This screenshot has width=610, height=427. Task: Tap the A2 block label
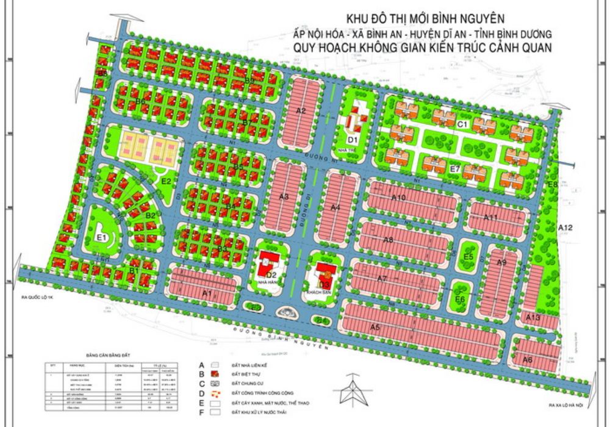(x=300, y=110)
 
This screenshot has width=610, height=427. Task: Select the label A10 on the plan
(x=399, y=198)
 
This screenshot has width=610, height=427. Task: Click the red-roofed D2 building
(x=267, y=265)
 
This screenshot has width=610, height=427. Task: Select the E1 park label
(x=102, y=237)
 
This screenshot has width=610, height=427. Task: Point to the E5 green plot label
(x=468, y=257)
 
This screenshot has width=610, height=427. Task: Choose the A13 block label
(x=533, y=318)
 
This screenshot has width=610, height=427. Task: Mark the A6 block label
(x=528, y=360)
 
